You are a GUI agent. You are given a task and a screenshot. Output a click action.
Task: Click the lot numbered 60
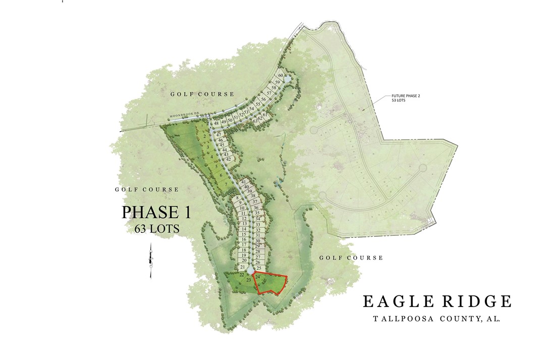[x=281, y=76]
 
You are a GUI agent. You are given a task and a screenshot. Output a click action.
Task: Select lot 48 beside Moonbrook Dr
[x=216, y=123]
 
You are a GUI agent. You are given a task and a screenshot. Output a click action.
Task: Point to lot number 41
[x=244, y=182]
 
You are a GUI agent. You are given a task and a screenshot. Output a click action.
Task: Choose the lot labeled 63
[x=255, y=121]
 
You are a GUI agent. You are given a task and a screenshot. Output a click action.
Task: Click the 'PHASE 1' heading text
[x=156, y=212]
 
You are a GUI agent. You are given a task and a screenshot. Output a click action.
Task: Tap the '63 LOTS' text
[x=157, y=228]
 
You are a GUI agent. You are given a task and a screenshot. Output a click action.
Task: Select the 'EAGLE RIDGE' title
[x=437, y=301]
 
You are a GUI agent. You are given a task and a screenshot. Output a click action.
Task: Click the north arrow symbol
[x=151, y=260]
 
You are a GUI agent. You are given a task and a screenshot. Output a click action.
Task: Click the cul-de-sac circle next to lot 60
[x=287, y=79]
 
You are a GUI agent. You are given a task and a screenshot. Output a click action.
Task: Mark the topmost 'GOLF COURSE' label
[x=202, y=94]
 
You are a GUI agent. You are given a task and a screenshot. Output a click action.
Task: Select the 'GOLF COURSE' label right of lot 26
[x=351, y=258]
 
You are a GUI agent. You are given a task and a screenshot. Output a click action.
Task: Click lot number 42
[x=229, y=160]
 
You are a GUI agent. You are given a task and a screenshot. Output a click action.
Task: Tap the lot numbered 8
[x=237, y=197]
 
